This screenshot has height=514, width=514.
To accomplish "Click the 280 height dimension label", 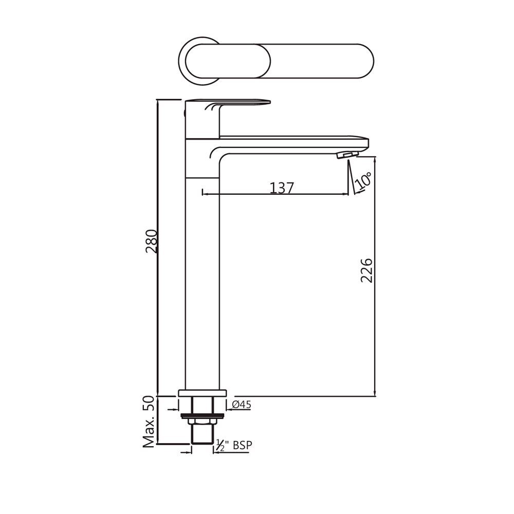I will (x=151, y=242).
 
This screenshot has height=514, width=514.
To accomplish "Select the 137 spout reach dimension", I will (x=282, y=188).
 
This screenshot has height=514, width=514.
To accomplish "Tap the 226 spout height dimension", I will (x=366, y=271).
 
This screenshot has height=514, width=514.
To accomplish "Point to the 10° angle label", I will (x=364, y=181).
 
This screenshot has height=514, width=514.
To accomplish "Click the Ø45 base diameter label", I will (x=241, y=405).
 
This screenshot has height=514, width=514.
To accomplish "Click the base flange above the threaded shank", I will (x=202, y=393).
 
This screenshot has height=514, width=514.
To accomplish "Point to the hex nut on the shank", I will (x=201, y=422).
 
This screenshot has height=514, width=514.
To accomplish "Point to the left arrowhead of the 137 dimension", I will (x=205, y=194).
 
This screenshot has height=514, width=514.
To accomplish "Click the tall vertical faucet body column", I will (x=202, y=283).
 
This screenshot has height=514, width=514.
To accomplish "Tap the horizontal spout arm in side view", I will (x=293, y=142).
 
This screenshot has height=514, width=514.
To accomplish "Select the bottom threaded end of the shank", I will (x=201, y=436).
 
